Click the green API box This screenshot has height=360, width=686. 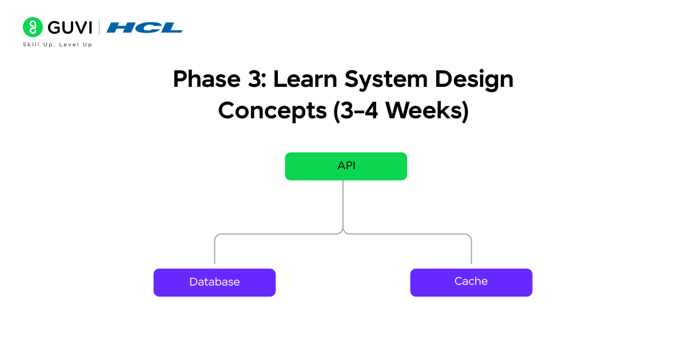pyautogui.click(x=346, y=166)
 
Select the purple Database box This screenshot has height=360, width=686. pyautogui.click(x=214, y=282)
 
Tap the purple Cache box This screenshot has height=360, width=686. pyautogui.click(x=471, y=282)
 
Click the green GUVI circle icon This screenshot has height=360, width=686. pyautogui.click(x=33, y=27)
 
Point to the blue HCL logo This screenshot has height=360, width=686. pyautogui.click(x=144, y=27)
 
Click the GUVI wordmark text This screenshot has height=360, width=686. pyautogui.click(x=70, y=27)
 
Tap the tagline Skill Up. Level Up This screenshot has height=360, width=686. pyautogui.click(x=57, y=45)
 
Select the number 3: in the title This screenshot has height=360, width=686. pyautogui.click(x=256, y=79)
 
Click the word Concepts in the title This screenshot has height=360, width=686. pyautogui.click(x=272, y=111)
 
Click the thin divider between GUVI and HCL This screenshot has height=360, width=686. pyautogui.click(x=99, y=27)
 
